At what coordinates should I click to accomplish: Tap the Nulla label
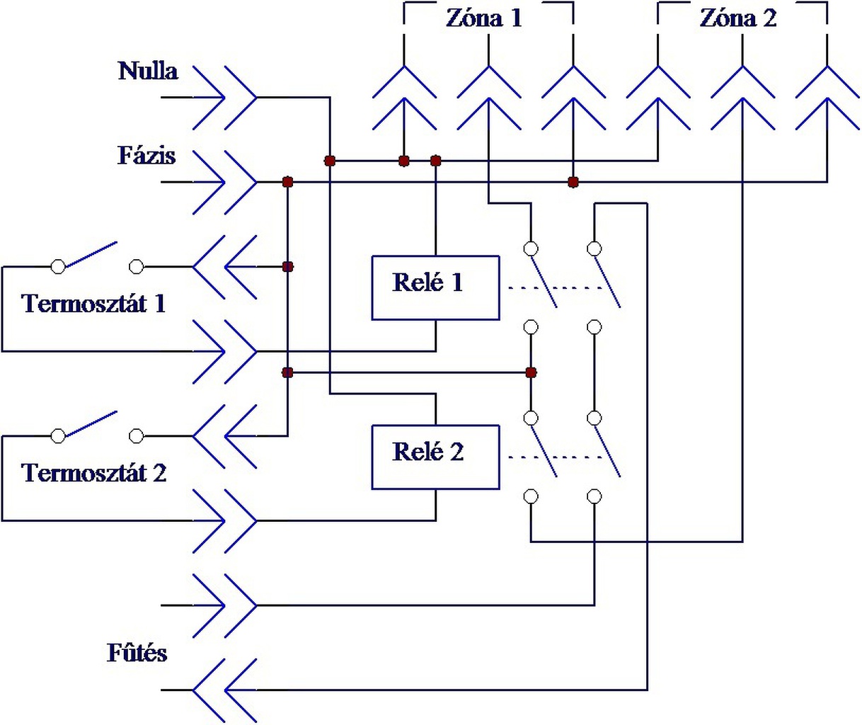click(148, 71)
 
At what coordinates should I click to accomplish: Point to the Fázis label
click(146, 156)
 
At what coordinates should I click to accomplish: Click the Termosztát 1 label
click(93, 304)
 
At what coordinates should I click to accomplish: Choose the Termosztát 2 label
click(93, 473)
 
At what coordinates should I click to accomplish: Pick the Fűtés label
click(137, 653)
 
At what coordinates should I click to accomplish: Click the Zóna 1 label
click(484, 18)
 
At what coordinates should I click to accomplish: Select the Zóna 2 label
click(738, 18)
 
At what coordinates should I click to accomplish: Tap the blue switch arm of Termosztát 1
click(92, 254)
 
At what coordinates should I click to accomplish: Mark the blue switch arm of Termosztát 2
click(92, 423)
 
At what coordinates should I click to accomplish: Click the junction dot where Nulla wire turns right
click(330, 161)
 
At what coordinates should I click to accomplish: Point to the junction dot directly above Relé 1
click(435, 161)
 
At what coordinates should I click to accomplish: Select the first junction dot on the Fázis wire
click(288, 182)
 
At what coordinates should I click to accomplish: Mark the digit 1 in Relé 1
click(457, 282)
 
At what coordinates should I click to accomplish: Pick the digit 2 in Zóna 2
click(769, 18)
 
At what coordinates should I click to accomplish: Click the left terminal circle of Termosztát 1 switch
click(58, 266)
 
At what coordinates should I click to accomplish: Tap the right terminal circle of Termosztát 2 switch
click(136, 436)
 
